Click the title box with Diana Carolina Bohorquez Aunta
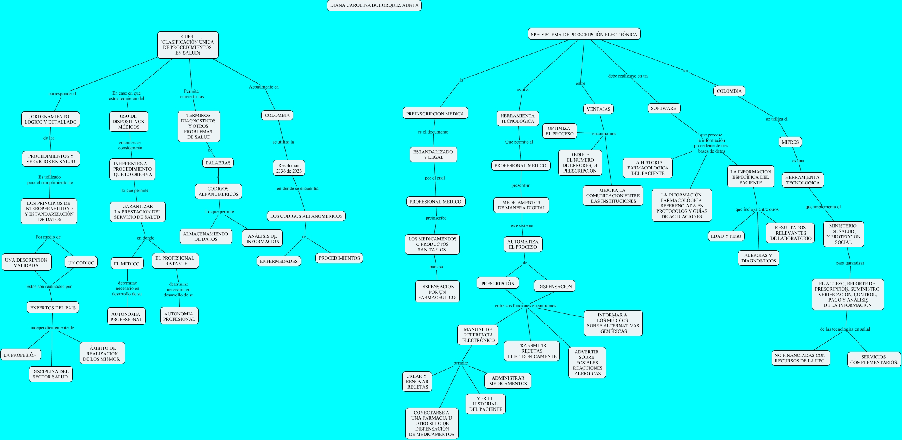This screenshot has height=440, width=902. (x=374, y=5)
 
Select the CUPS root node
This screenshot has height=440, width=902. (x=188, y=45)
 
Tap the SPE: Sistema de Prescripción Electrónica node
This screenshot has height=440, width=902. (x=584, y=35)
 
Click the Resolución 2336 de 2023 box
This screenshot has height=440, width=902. (x=289, y=168)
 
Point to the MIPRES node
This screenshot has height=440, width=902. (x=790, y=142)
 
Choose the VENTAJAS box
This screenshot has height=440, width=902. (x=598, y=109)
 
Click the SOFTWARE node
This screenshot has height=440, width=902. (x=663, y=108)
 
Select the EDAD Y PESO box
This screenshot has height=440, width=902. (x=726, y=236)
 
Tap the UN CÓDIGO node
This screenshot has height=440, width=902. (x=81, y=263)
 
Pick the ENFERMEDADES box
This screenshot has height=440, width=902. (x=279, y=261)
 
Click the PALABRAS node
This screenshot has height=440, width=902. (x=218, y=163)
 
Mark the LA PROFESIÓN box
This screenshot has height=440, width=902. (x=20, y=355)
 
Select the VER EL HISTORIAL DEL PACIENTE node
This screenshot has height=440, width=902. (x=485, y=404)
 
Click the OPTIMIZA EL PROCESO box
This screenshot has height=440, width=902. (x=559, y=131)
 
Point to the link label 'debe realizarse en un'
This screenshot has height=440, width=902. (x=627, y=76)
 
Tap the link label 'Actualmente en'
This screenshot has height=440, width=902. (x=264, y=87)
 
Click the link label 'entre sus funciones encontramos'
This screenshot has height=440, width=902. (x=525, y=306)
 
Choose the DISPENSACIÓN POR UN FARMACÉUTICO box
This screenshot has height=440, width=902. (x=437, y=292)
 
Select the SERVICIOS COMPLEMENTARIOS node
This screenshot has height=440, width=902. (x=874, y=360)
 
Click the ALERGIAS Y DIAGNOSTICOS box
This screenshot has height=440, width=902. (x=758, y=258)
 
